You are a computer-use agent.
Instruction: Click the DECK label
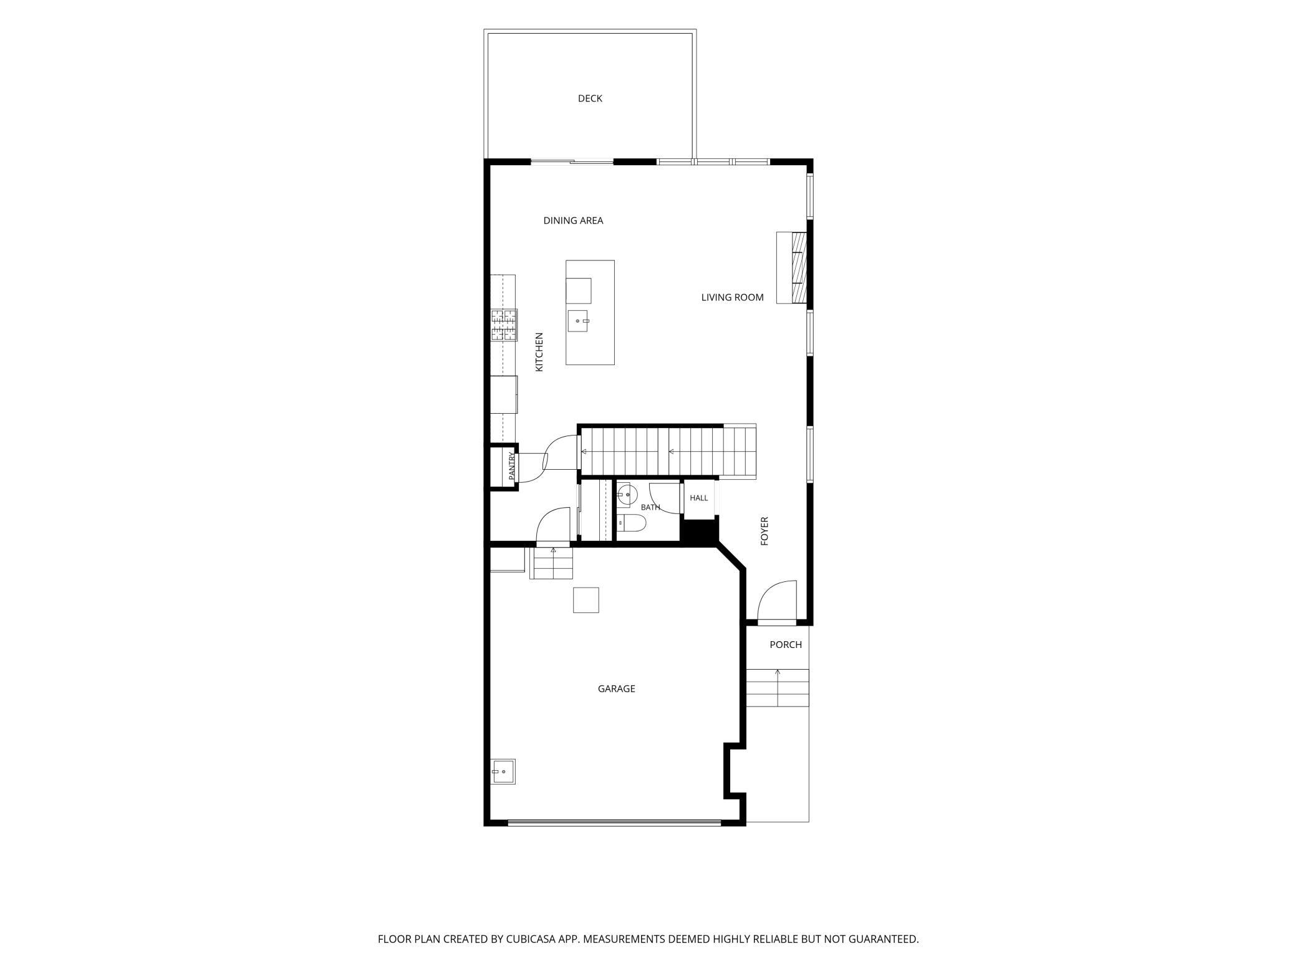[590, 98]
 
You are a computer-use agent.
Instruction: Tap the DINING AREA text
[573, 221]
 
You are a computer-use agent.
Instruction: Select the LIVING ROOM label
[732, 298]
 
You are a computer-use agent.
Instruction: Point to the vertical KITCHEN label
[539, 352]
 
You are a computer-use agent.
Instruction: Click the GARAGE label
[616, 688]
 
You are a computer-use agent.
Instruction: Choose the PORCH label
[785, 645]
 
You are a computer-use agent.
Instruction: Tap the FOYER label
[764, 531]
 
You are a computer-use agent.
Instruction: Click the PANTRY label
[511, 465]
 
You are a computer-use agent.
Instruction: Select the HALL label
[698, 498]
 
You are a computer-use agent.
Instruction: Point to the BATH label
[650, 507]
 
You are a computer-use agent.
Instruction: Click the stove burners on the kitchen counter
[504, 325]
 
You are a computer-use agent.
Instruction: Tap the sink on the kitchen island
[578, 320]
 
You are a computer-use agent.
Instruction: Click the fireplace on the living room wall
[792, 267]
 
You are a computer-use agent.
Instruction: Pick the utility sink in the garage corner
[503, 771]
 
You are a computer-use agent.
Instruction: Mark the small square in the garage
[586, 600]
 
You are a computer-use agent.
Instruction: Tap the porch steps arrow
[778, 687]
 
